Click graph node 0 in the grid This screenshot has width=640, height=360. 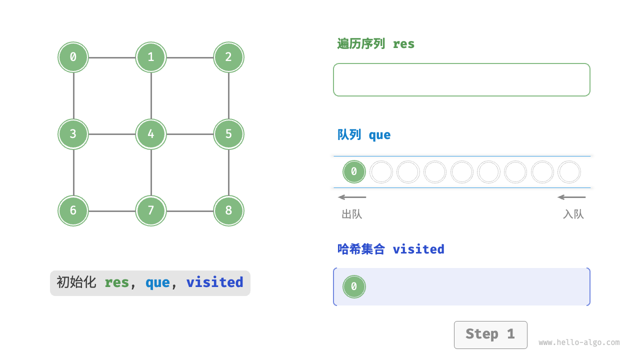pyautogui.click(x=73, y=57)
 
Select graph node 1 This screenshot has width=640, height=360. pyautogui.click(x=151, y=57)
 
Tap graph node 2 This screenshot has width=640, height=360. pyautogui.click(x=228, y=57)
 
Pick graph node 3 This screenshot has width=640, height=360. pyautogui.click(x=73, y=134)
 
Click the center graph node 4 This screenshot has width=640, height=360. pyautogui.click(x=151, y=134)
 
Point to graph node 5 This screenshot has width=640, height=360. pyautogui.click(x=228, y=134)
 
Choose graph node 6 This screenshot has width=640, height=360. pyautogui.click(x=73, y=210)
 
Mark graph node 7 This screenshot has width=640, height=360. pyautogui.click(x=151, y=210)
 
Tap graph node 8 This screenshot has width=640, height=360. pyautogui.click(x=228, y=210)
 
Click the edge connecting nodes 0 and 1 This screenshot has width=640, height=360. pyautogui.click(x=112, y=57)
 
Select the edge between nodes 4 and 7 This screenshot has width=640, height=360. pyautogui.click(x=151, y=172)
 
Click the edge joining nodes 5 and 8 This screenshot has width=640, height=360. pyautogui.click(x=228, y=172)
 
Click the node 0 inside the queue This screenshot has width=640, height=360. pyautogui.click(x=354, y=172)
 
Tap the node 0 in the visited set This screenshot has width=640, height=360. pyautogui.click(x=354, y=286)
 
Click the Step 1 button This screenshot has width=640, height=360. pyautogui.click(x=490, y=334)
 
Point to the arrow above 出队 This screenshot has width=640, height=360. pyautogui.click(x=352, y=197)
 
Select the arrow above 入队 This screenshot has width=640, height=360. pyautogui.click(x=571, y=197)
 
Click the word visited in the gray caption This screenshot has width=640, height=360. pyautogui.click(x=214, y=282)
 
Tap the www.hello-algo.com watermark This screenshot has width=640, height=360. pyautogui.click(x=579, y=342)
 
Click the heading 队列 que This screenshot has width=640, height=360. pyautogui.click(x=364, y=135)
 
